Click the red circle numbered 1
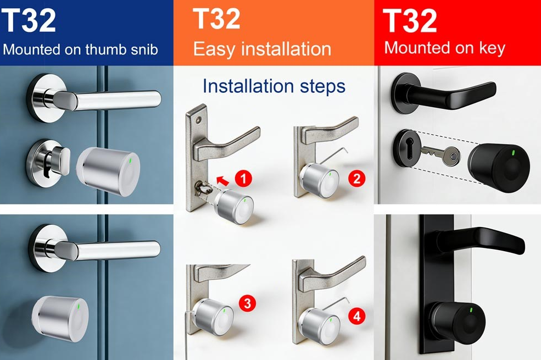(244, 179)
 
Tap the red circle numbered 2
(357, 179)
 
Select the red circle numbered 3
(248, 303)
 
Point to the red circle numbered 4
(357, 316)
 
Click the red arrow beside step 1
(222, 180)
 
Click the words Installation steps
(274, 86)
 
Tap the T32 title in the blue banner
(29, 20)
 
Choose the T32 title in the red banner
(410, 21)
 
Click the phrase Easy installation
(262, 49)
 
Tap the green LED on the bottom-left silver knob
(80, 306)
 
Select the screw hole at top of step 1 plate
(198, 121)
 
